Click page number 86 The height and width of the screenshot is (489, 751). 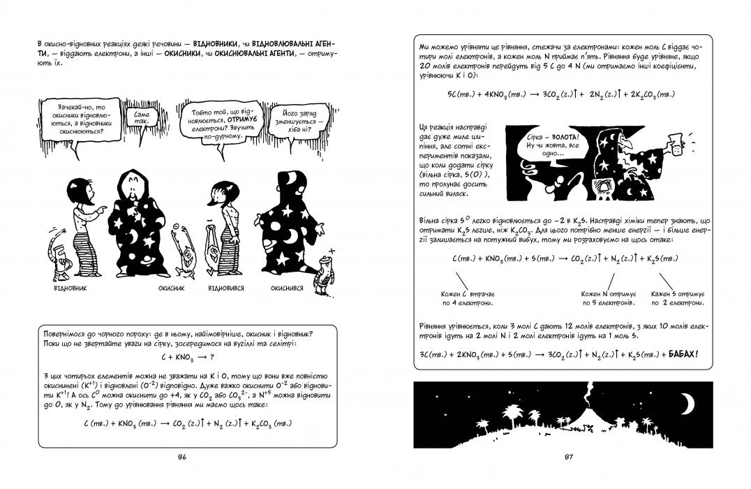(181, 458)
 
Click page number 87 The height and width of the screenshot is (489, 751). (567, 458)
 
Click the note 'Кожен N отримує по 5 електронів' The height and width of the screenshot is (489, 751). (608, 299)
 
